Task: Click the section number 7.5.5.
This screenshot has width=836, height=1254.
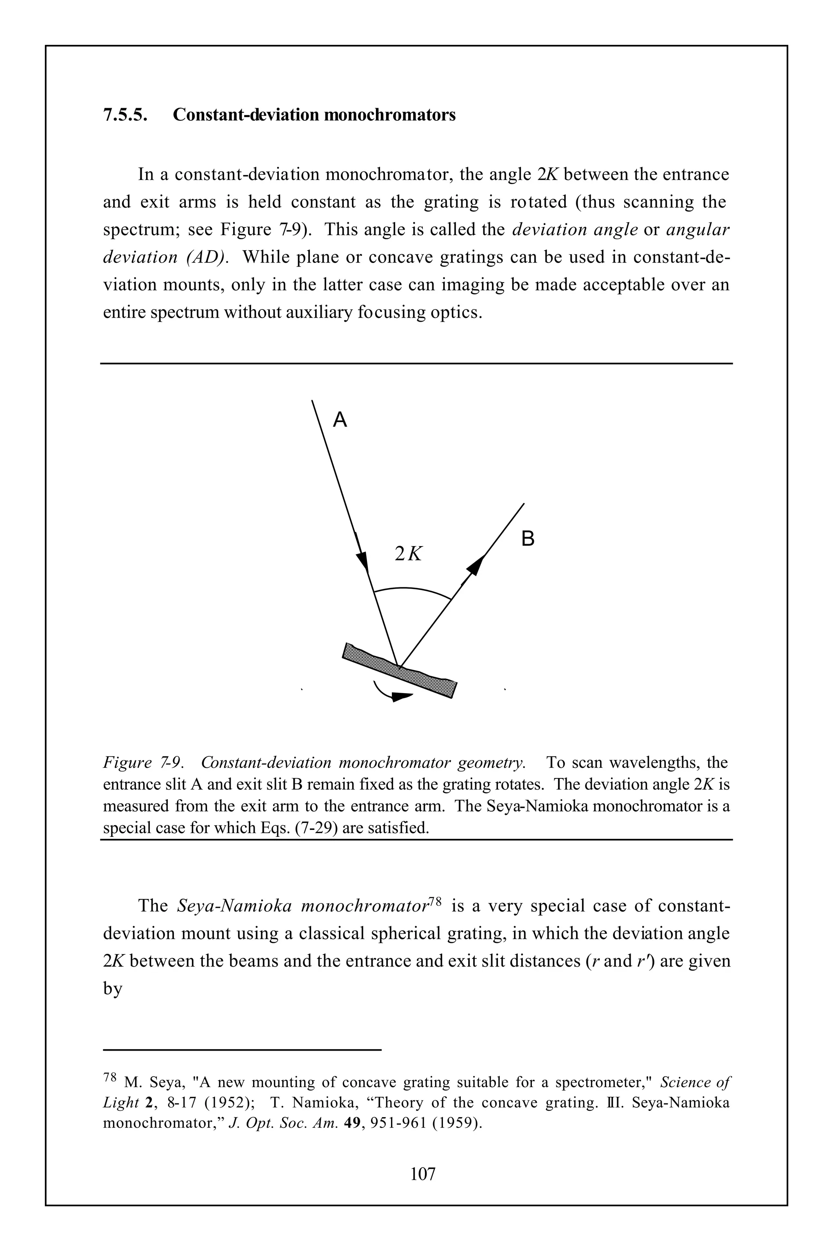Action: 125,115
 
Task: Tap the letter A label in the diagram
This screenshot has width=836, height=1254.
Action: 340,420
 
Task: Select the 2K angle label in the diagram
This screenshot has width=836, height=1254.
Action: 408,554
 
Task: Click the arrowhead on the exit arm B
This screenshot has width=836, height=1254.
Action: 476,564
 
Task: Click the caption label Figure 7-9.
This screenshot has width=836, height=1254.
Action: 143,763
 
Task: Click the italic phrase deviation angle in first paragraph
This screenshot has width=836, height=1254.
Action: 575,230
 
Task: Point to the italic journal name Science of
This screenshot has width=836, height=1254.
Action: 695,1082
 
